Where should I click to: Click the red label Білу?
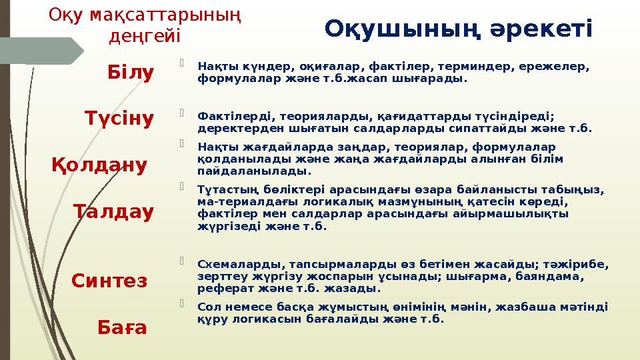[131, 71]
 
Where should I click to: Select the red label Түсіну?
[119, 119]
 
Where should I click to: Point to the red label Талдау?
[113, 212]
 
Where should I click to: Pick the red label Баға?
[123, 327]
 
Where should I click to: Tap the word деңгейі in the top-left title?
[144, 34]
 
